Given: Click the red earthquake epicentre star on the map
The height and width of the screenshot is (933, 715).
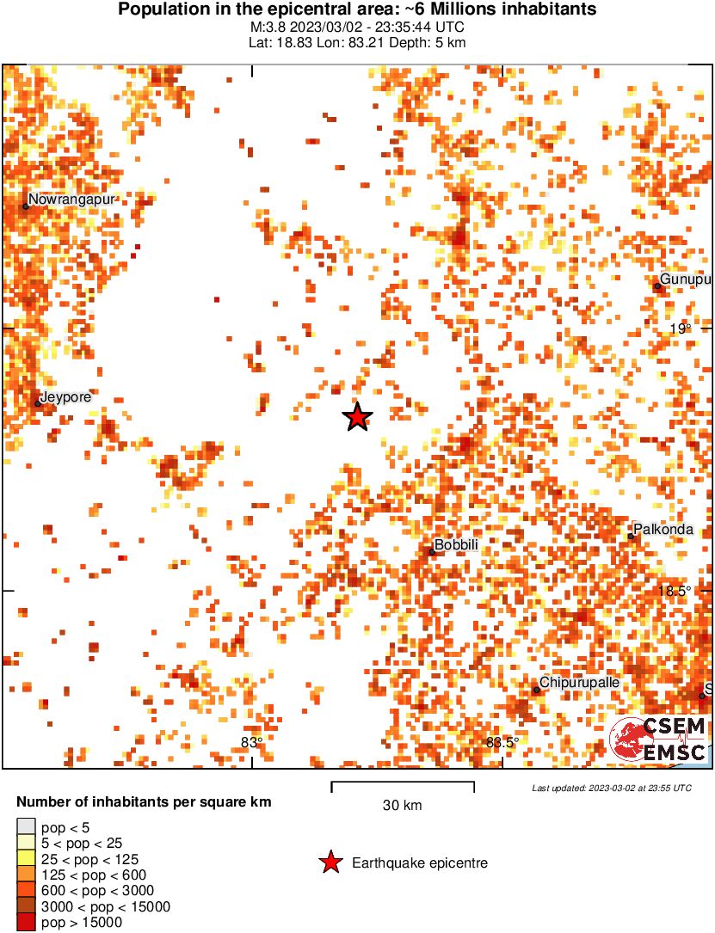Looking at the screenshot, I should click(357, 417).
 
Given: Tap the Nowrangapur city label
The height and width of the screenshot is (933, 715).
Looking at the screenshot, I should click(72, 199).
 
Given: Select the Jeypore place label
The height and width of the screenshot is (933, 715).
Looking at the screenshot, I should click(65, 396).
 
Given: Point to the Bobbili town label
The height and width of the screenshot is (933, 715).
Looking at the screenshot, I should click(456, 545).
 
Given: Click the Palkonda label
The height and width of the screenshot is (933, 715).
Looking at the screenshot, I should click(663, 530).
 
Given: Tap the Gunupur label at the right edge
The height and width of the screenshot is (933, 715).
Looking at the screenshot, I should click(686, 280).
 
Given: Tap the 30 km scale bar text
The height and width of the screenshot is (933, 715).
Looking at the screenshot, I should click(402, 806).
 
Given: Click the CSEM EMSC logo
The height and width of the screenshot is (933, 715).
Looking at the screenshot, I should click(658, 740).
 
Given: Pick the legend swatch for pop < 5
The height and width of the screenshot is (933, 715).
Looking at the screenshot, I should click(26, 827).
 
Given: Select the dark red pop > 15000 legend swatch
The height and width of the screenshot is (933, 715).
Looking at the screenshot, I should click(26, 923).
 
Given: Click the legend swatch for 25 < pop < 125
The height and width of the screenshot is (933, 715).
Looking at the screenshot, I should click(26, 859).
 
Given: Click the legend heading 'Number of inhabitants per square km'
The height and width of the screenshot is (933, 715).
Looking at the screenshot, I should click(144, 802).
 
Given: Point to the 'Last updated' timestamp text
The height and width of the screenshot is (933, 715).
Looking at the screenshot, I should click(611, 788).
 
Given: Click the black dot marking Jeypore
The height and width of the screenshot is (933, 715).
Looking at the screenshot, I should click(39, 403).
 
